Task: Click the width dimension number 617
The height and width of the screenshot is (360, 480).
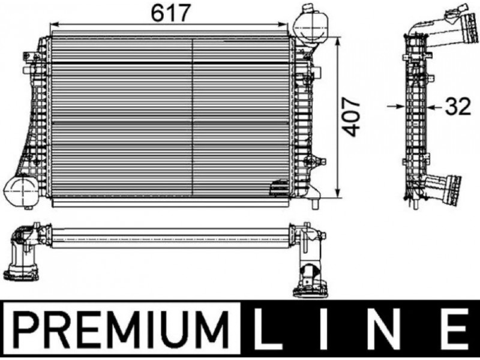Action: (x=171, y=13)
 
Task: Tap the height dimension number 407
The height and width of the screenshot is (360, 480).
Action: (x=351, y=117)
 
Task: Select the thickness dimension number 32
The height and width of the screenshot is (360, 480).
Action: (x=457, y=107)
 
